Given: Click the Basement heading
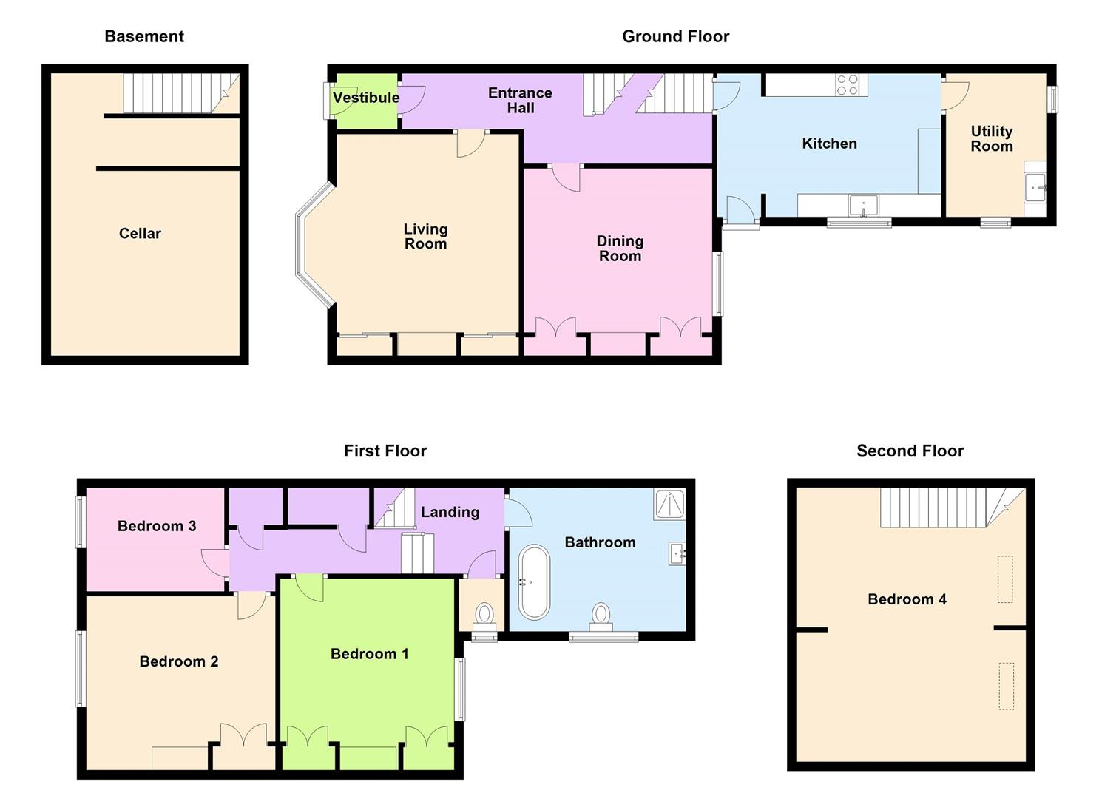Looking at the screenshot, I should click(144, 36).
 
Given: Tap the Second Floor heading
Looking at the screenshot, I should click(910, 451).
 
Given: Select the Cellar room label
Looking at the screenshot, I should click(140, 233).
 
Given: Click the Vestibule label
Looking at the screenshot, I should click(365, 98).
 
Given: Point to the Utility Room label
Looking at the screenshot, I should click(991, 138).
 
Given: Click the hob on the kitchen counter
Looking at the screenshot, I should click(848, 85).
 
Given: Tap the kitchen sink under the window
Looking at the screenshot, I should click(863, 205).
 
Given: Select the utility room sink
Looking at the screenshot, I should click(1035, 188).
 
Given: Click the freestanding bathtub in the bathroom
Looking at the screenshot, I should click(534, 582).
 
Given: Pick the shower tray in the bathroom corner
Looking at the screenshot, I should click(670, 504).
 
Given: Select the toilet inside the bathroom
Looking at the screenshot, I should click(601, 616).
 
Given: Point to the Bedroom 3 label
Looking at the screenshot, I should click(157, 526).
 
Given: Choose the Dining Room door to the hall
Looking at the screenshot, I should click(567, 178).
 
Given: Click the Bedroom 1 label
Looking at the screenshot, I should click(369, 654).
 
